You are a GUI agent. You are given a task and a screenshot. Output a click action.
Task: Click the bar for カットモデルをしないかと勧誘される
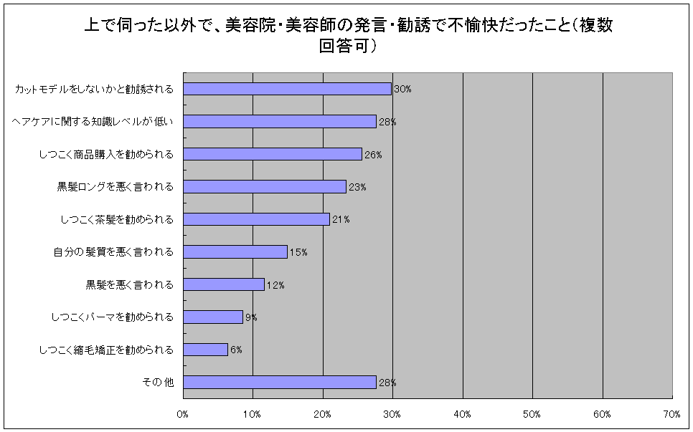[x=287, y=89]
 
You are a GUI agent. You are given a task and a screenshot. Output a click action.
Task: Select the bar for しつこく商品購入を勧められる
[x=273, y=154]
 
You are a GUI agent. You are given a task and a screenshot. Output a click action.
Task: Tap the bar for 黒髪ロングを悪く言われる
[x=265, y=187]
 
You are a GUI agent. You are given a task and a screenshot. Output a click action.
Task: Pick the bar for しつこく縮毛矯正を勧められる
[x=205, y=350]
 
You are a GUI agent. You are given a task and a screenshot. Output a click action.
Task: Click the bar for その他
[x=280, y=383]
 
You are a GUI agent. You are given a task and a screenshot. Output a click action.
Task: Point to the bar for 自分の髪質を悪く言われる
[x=235, y=252]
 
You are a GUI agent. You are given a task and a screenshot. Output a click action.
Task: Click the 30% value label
[x=402, y=90]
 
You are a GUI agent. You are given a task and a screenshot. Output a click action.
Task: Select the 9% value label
[x=251, y=317]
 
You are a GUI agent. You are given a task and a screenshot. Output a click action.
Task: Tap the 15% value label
[x=298, y=252]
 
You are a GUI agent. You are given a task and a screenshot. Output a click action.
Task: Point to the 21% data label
[x=340, y=220]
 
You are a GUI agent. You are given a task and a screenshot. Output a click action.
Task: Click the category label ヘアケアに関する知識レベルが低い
[x=93, y=122]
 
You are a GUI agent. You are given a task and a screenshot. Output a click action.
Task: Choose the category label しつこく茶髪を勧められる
[x=117, y=220]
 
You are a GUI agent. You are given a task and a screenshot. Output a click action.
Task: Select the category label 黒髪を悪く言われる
[x=130, y=285]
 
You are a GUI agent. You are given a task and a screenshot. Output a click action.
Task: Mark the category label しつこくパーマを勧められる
[x=113, y=317]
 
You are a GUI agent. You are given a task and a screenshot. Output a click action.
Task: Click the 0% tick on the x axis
[x=182, y=414]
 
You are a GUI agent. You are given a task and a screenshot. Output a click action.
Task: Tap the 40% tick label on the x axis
[x=462, y=414]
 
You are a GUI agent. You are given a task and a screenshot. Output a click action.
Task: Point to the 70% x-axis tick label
[x=672, y=414]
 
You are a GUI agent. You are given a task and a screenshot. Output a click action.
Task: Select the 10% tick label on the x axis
[x=253, y=414]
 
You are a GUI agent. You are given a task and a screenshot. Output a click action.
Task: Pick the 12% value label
[x=275, y=285]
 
